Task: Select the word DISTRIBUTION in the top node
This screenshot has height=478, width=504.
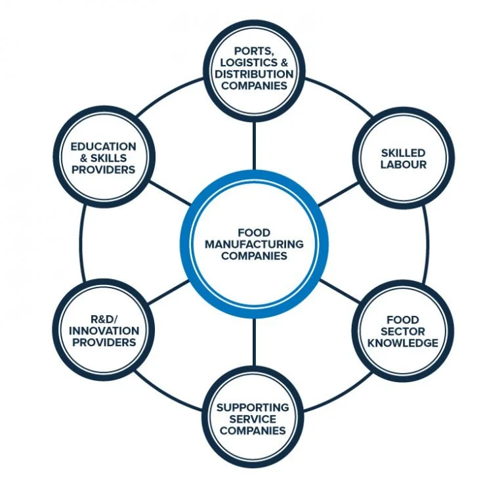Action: click(x=253, y=74)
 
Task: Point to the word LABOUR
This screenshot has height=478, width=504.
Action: click(x=403, y=165)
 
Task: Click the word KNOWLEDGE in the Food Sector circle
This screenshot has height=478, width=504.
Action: click(x=402, y=343)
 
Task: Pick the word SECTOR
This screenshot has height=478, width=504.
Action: click(x=402, y=332)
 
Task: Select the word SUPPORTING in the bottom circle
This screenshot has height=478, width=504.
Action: click(x=253, y=407)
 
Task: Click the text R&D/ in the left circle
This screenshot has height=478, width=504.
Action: click(x=104, y=320)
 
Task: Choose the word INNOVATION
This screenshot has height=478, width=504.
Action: click(x=104, y=331)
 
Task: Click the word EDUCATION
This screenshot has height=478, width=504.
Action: click(x=104, y=146)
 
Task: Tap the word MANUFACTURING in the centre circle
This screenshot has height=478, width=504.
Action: click(x=254, y=244)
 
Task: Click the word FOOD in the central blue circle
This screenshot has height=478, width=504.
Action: click(x=254, y=232)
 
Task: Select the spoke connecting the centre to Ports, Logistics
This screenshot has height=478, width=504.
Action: click(x=253, y=144)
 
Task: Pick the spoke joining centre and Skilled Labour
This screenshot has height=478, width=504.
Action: click(x=339, y=194)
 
